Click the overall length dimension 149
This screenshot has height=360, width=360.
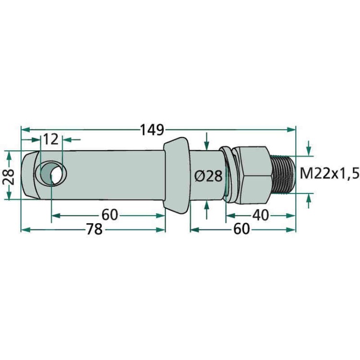[x=152, y=130]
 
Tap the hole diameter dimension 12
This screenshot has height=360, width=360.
[x=51, y=139]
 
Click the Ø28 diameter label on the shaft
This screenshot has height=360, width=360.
[x=208, y=176]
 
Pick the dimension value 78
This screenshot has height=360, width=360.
[x=95, y=229]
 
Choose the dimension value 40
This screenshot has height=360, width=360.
[x=261, y=216]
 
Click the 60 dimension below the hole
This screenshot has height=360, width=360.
[x=110, y=215]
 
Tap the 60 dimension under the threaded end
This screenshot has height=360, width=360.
[x=241, y=229]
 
